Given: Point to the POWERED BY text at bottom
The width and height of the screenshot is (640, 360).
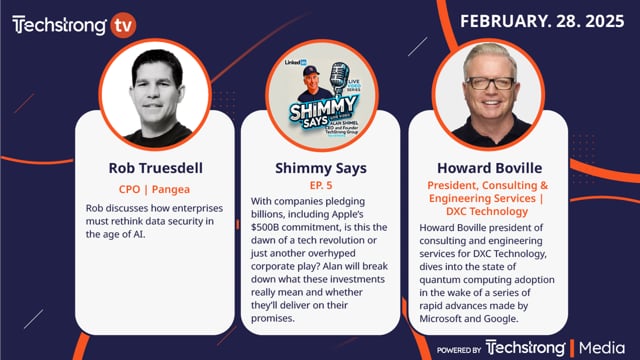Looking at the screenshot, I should [x=459, y=349].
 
